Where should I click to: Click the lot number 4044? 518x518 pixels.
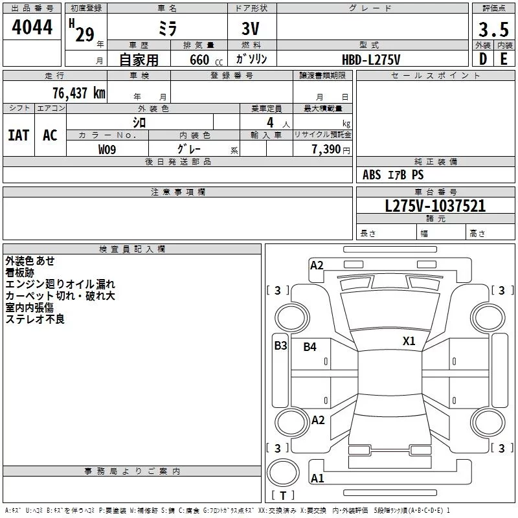[x=32, y=27]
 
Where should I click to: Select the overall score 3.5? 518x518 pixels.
[x=493, y=30]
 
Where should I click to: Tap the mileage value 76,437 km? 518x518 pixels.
[x=79, y=93]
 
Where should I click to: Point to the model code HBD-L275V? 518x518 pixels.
[x=371, y=60]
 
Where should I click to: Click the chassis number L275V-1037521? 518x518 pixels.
[x=435, y=206]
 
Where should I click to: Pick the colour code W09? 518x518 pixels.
[x=107, y=150]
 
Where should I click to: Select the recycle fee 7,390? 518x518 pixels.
[x=326, y=149]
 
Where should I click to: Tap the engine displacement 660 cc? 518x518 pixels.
[x=206, y=60]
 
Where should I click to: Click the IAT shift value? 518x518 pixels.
[x=19, y=135]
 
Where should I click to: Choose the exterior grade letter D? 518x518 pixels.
[x=483, y=59]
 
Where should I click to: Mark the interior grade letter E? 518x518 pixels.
[x=504, y=59]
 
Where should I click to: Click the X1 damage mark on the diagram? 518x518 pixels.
[x=409, y=341]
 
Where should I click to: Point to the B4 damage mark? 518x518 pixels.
[x=310, y=346]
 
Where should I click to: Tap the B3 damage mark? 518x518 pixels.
[x=281, y=346]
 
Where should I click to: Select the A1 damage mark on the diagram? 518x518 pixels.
[x=317, y=478]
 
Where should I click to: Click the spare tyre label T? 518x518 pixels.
[x=283, y=495]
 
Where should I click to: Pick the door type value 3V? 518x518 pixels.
[x=251, y=28]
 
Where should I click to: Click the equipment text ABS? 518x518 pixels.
[x=372, y=175]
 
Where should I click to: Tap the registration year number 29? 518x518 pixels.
[x=85, y=34]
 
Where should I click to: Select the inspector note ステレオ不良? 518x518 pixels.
[x=35, y=319]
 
